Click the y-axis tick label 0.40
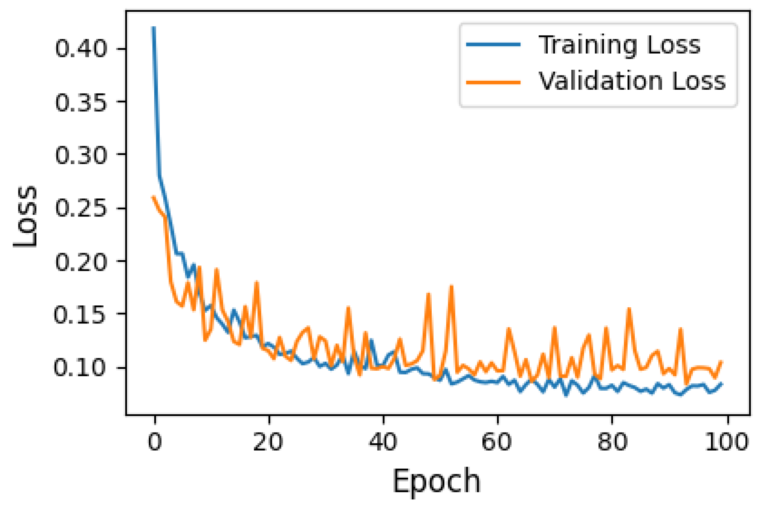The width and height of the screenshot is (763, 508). click(x=81, y=49)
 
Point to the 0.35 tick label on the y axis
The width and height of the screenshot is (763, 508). click(x=81, y=102)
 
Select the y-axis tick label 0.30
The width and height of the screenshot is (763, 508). click(x=81, y=155)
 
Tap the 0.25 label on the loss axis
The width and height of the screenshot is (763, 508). click(x=81, y=208)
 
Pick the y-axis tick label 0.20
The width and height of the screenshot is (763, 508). click(x=81, y=262)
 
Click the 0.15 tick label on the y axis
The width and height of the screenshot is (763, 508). click(x=80, y=315)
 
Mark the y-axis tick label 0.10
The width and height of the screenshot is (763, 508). click(x=80, y=368)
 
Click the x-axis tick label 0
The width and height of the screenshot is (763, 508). click(x=155, y=441)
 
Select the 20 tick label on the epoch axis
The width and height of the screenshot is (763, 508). click(x=268, y=441)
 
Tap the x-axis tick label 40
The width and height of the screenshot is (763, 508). click(x=382, y=441)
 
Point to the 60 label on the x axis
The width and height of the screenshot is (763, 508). click(x=497, y=441)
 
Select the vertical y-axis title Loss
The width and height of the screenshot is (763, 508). click(x=25, y=216)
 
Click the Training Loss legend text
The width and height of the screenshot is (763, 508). click(x=619, y=45)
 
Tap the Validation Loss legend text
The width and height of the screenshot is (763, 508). click(x=632, y=81)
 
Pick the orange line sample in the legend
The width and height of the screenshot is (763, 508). click(x=493, y=82)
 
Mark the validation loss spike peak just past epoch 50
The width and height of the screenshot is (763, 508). click(x=451, y=286)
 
